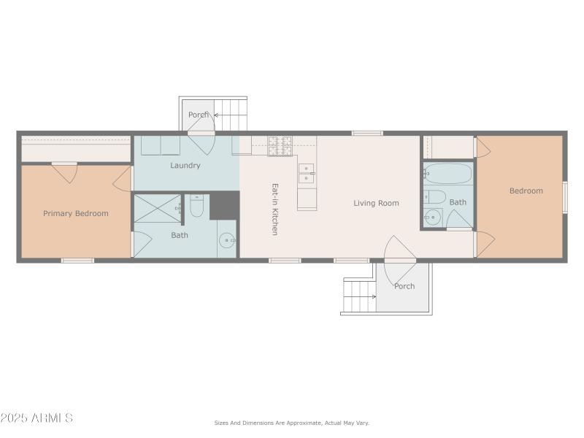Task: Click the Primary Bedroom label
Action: tap(76, 214)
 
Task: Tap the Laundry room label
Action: tap(185, 166)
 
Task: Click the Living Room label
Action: tap(376, 203)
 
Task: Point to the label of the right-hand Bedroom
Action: tap(526, 191)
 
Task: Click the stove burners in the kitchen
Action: tap(280, 146)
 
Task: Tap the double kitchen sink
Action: tap(307, 174)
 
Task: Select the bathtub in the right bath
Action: tap(447, 174)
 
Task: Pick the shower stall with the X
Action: tap(156, 207)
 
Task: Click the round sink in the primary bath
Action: tap(228, 239)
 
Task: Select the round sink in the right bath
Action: tap(432, 217)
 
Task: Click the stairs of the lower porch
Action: tap(359, 296)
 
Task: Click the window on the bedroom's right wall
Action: tap(564, 196)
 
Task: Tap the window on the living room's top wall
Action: tap(366, 133)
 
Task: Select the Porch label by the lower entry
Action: tap(404, 286)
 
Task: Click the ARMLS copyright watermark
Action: tap(36, 418)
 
